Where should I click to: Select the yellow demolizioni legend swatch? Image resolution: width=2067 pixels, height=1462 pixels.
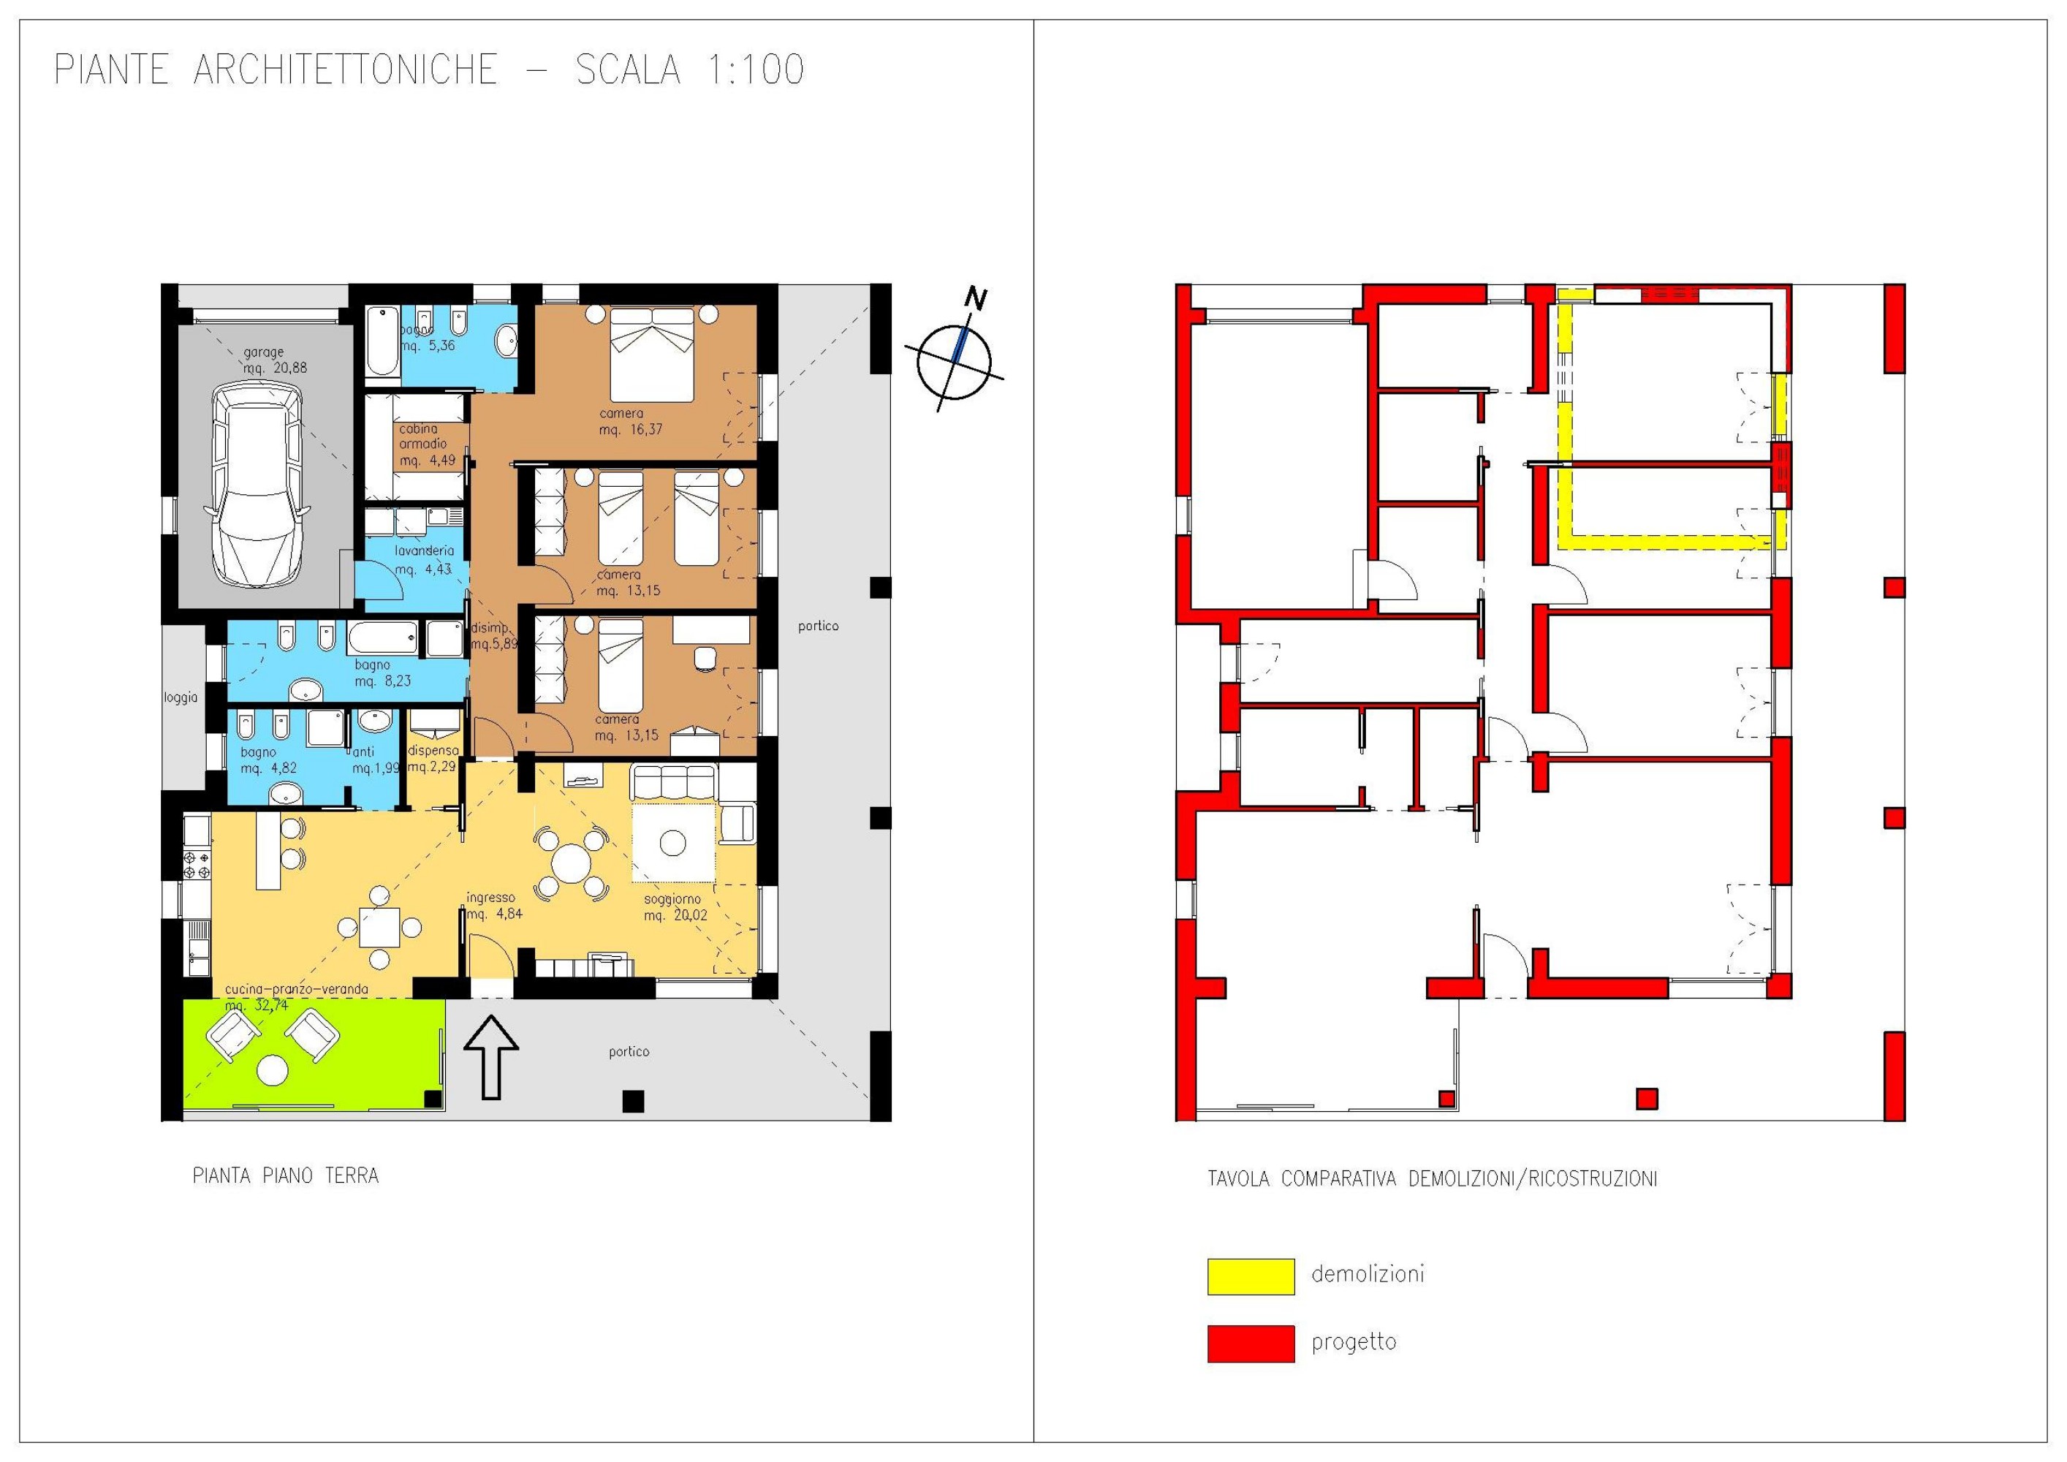[x=1251, y=1276]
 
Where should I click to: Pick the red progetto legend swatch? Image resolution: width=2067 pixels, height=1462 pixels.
[x=1251, y=1343]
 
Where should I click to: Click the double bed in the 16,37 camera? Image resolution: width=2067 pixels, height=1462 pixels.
[x=653, y=355]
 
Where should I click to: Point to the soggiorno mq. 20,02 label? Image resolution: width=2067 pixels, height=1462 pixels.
[x=675, y=906]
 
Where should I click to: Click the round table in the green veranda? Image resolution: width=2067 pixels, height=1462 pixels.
[x=272, y=1070]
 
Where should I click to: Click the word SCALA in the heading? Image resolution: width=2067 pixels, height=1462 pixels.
[x=627, y=70]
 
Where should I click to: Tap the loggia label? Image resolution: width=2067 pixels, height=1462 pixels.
[x=180, y=697]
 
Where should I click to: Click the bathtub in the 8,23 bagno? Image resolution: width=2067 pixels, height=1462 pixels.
[x=382, y=638]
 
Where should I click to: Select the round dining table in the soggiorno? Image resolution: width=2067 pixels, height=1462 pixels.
[x=571, y=863]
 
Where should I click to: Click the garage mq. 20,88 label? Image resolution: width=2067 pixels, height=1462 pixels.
[x=265, y=360]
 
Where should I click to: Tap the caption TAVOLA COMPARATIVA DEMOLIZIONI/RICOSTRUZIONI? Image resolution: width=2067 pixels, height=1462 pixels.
[x=1431, y=1178]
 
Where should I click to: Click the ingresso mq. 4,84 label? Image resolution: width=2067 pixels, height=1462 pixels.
[x=492, y=906]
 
